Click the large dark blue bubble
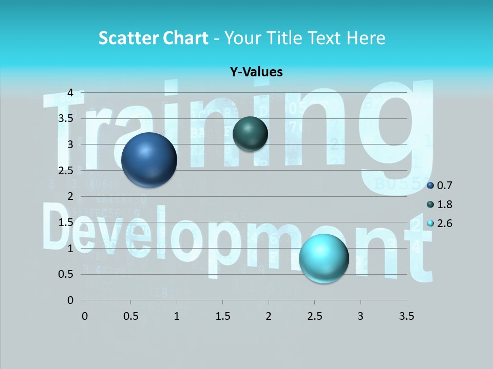[149, 159]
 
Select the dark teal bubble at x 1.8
[250, 134]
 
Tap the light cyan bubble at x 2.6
[324, 258]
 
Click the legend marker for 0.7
[430, 186]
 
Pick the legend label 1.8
[445, 204]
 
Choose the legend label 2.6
[445, 223]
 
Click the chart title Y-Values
[256, 72]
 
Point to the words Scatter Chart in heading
[153, 38]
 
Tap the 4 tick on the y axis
[70, 93]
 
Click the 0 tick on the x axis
[85, 316]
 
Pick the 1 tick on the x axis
[177, 316]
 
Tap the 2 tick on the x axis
[269, 316]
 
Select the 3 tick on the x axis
[361, 316]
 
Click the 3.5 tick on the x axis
[406, 316]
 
